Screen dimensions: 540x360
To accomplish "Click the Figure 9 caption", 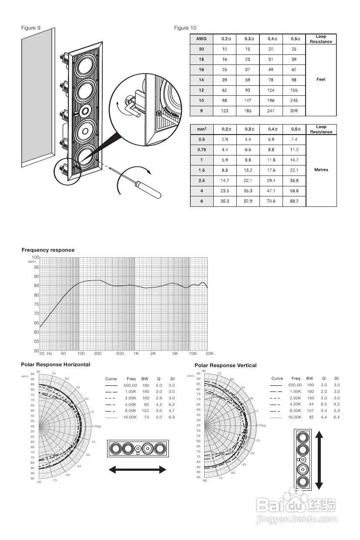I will (x=31, y=28).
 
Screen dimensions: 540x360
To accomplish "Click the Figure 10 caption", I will (x=185, y=28).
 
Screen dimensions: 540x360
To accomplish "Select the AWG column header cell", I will (x=201, y=39).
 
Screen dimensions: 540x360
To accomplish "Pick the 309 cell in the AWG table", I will (x=294, y=111).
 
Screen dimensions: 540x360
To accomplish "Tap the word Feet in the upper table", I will (x=321, y=79).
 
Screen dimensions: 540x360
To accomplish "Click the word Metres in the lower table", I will (x=321, y=169).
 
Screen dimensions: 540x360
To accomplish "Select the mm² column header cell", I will (x=201, y=129).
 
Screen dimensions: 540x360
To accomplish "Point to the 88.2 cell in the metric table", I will (x=294, y=201).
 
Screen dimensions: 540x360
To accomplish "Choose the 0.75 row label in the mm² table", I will (x=201, y=149).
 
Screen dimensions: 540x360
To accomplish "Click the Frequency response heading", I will (x=48, y=250).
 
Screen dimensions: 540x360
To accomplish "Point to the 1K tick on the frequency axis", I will (x=136, y=354).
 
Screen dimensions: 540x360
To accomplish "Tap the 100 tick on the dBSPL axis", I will (x=35, y=258).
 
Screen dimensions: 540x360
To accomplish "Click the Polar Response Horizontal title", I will (x=55, y=364).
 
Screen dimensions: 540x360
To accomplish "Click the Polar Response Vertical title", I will (x=225, y=365).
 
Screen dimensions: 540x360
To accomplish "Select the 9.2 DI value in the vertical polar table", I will (x=336, y=404).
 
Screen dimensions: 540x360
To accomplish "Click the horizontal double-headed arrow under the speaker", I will (x=137, y=469).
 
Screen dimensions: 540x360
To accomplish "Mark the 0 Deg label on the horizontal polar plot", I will (x=97, y=426).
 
